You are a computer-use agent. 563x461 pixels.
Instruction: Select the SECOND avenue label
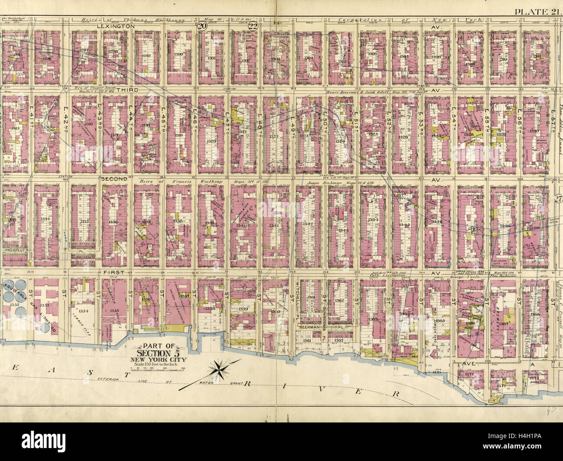tap(114, 178)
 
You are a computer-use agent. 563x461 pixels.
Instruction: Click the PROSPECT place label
tap(16, 250)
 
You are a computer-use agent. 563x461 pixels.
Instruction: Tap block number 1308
tap(436, 57)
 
